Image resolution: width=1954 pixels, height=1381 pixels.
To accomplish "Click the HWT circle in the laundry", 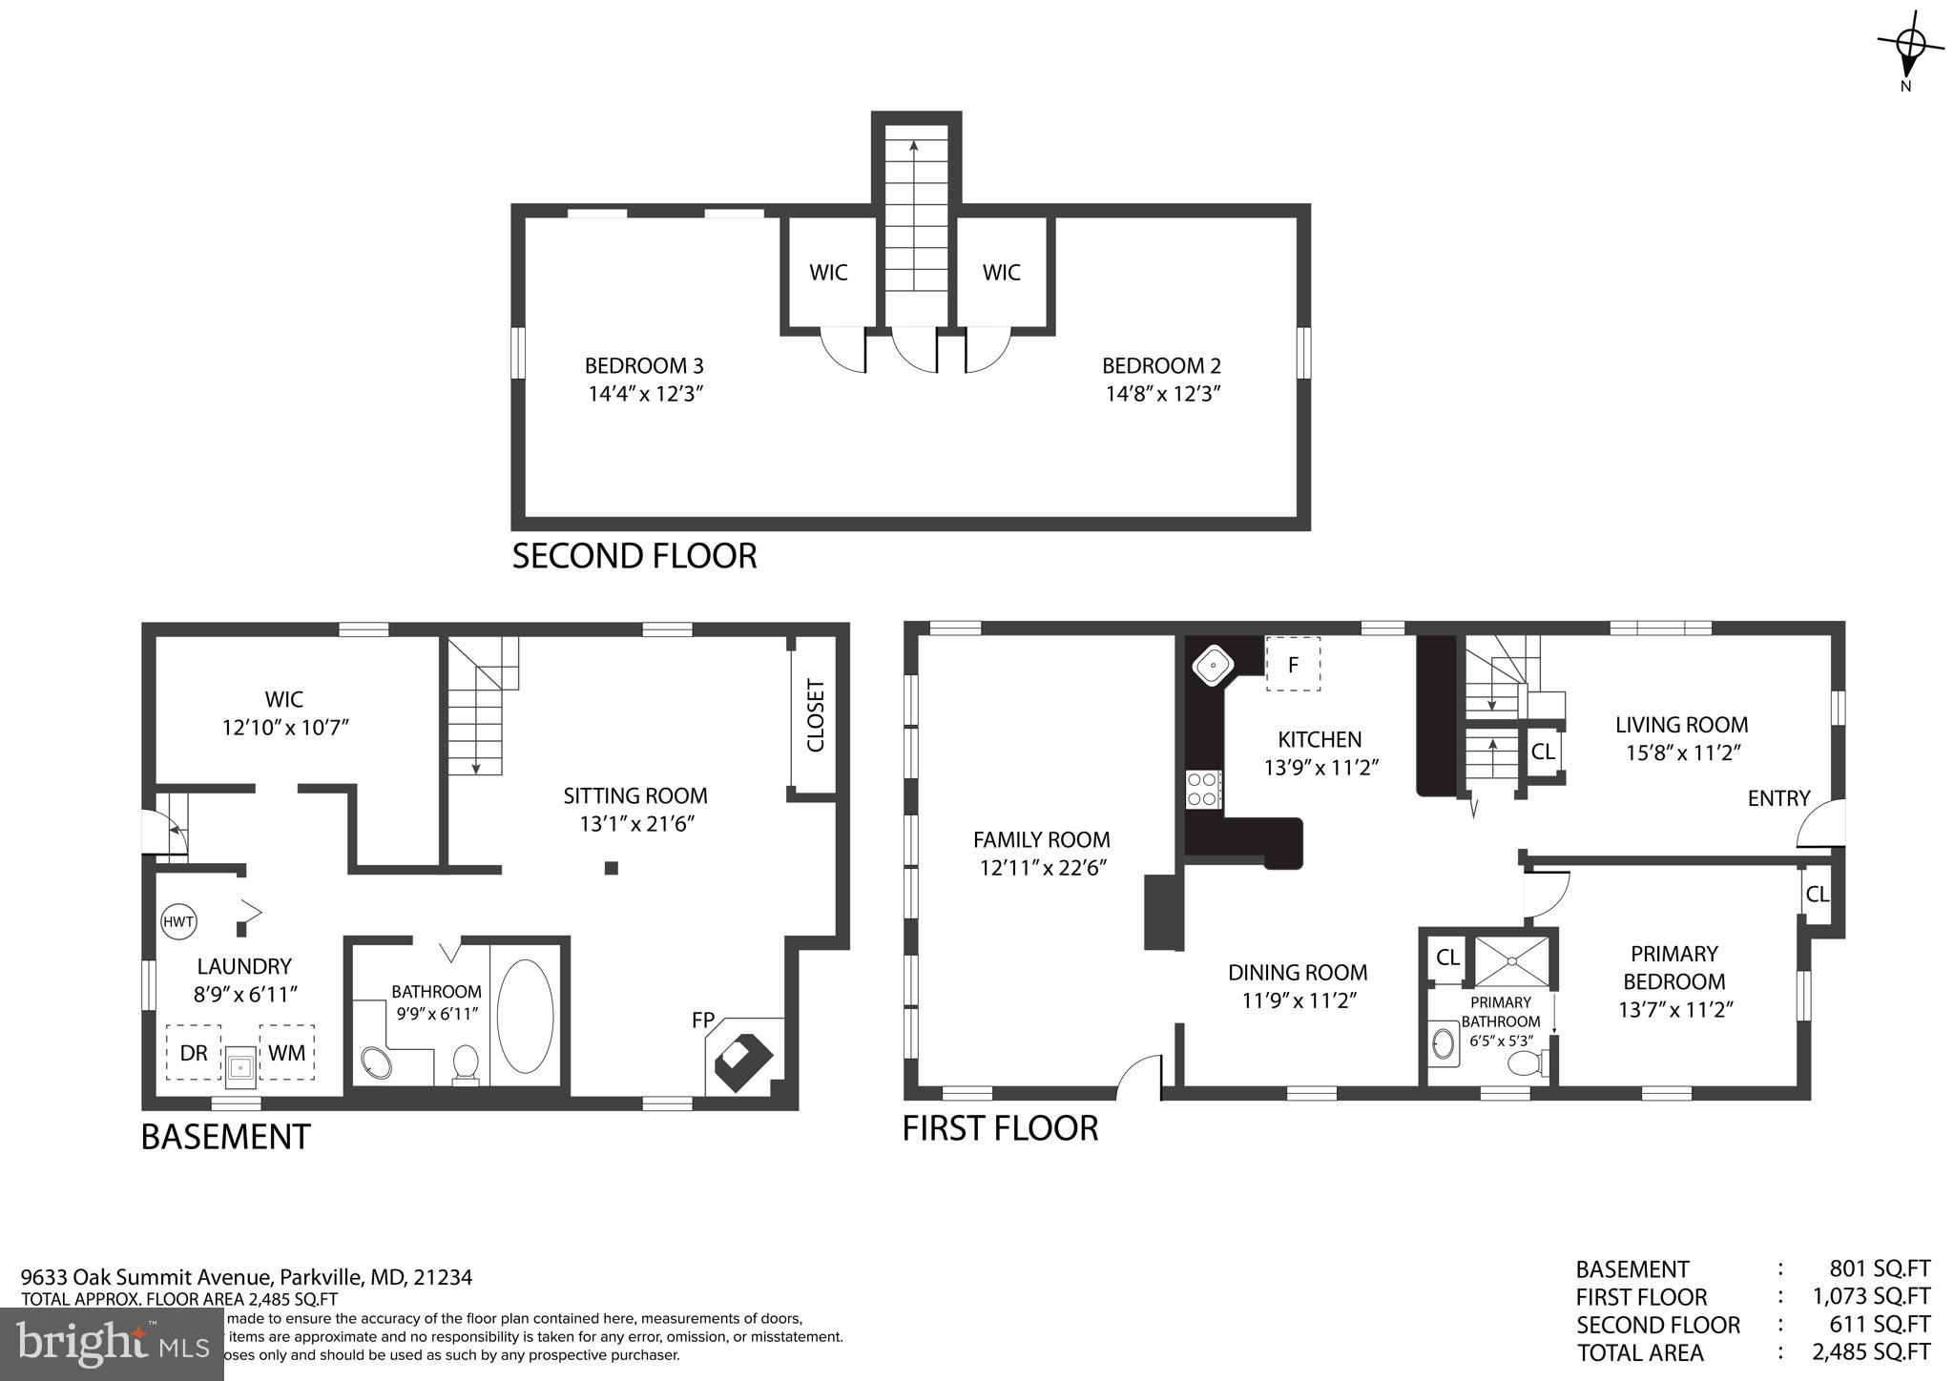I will pyautogui.click(x=178, y=921).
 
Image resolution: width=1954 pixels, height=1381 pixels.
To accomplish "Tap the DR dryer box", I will pyautogui.click(x=194, y=1052).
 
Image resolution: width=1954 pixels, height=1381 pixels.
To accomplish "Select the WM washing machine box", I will pyautogui.click(x=286, y=1052).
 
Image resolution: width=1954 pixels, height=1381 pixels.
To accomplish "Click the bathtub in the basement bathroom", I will pyautogui.click(x=525, y=1016).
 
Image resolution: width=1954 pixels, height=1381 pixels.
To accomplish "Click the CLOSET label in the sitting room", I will pyautogui.click(x=816, y=715).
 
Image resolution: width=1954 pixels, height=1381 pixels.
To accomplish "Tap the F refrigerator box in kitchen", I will pyautogui.click(x=1293, y=664).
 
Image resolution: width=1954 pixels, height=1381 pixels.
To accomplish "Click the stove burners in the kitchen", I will pyautogui.click(x=1203, y=789).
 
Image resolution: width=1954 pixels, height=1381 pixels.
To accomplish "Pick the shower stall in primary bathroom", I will pyautogui.click(x=1511, y=961).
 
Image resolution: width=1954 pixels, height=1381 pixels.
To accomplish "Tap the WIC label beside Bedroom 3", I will pyautogui.click(x=828, y=273).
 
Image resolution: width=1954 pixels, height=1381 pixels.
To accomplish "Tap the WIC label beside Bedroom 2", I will pyautogui.click(x=1002, y=273).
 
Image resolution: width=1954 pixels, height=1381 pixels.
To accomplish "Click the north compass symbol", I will pyautogui.click(x=1909, y=48).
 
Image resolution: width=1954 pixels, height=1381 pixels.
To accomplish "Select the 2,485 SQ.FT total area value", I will pyautogui.click(x=1871, y=1351).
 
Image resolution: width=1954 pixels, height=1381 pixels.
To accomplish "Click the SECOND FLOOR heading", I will pyautogui.click(x=634, y=555).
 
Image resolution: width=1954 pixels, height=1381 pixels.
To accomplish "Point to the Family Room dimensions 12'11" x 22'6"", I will pyautogui.click(x=1042, y=868).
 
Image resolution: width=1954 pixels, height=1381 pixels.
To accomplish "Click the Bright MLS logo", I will pyautogui.click(x=113, y=1344).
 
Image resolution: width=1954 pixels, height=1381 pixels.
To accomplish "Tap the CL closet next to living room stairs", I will pyautogui.click(x=1543, y=752).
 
